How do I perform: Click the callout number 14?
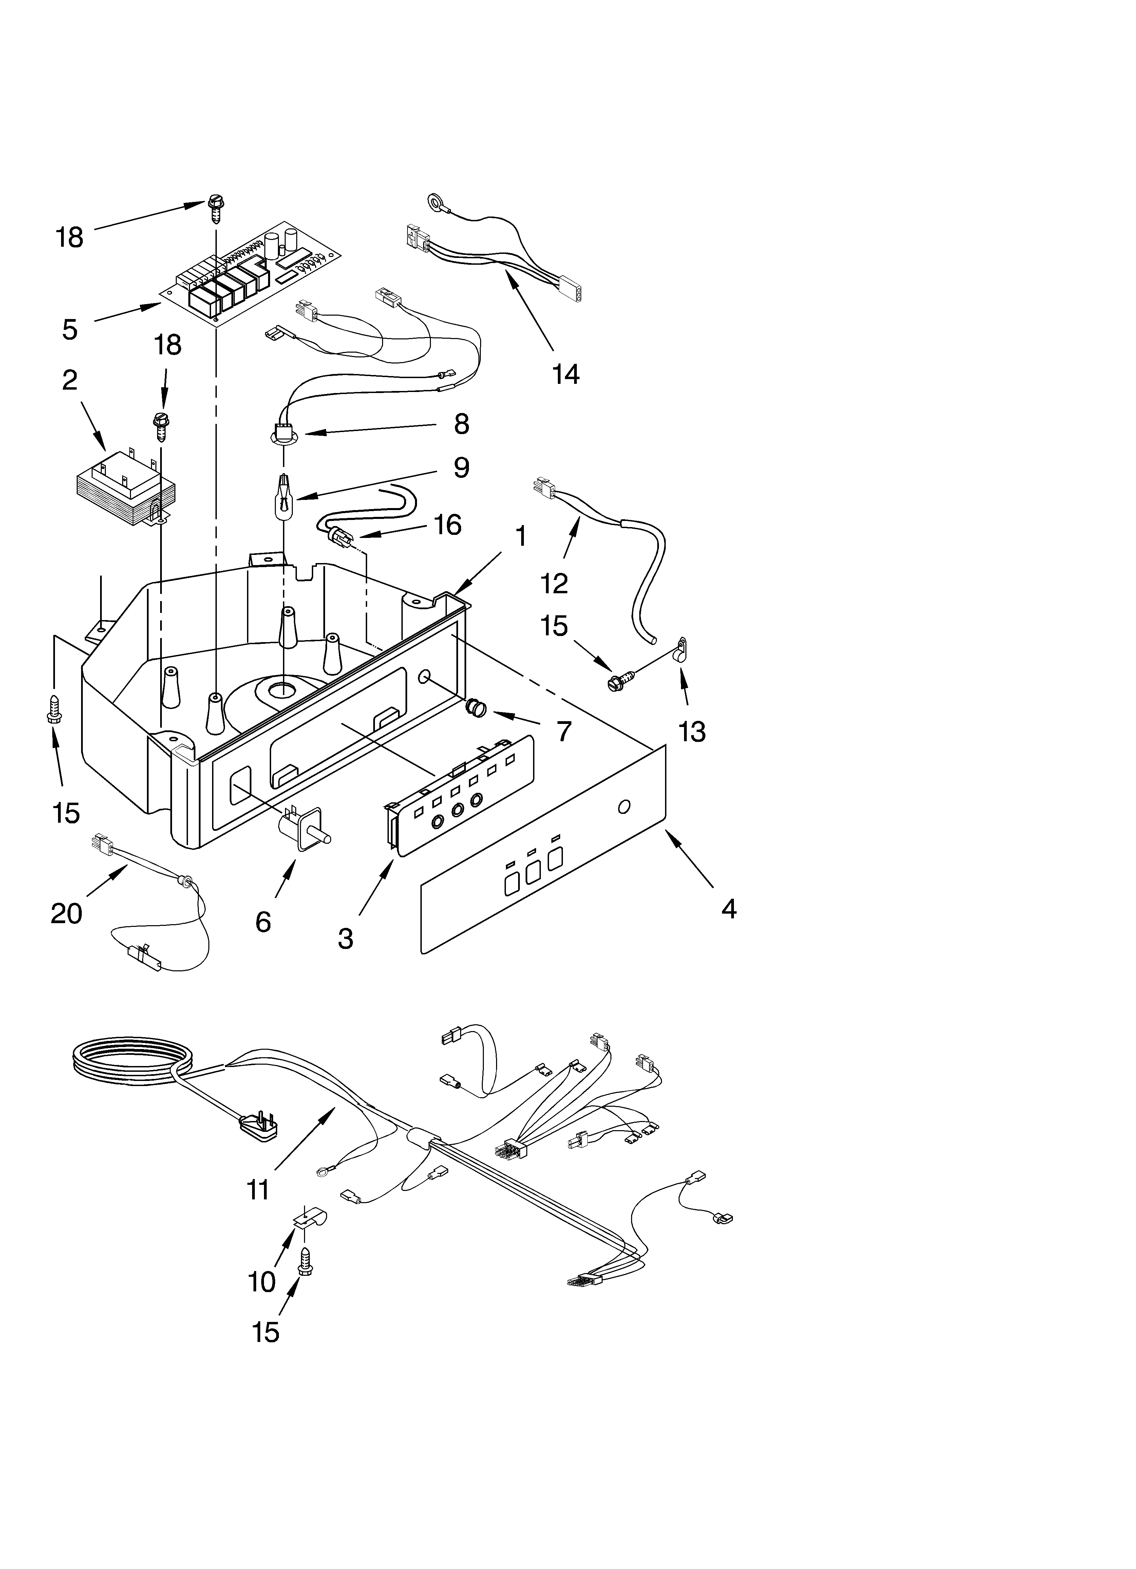(565, 374)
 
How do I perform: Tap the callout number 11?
(257, 1190)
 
